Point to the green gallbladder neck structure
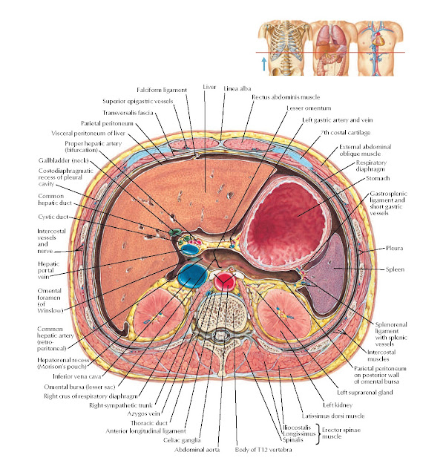click(177, 233)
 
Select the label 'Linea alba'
click(237, 88)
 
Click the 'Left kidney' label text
click(325, 405)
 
